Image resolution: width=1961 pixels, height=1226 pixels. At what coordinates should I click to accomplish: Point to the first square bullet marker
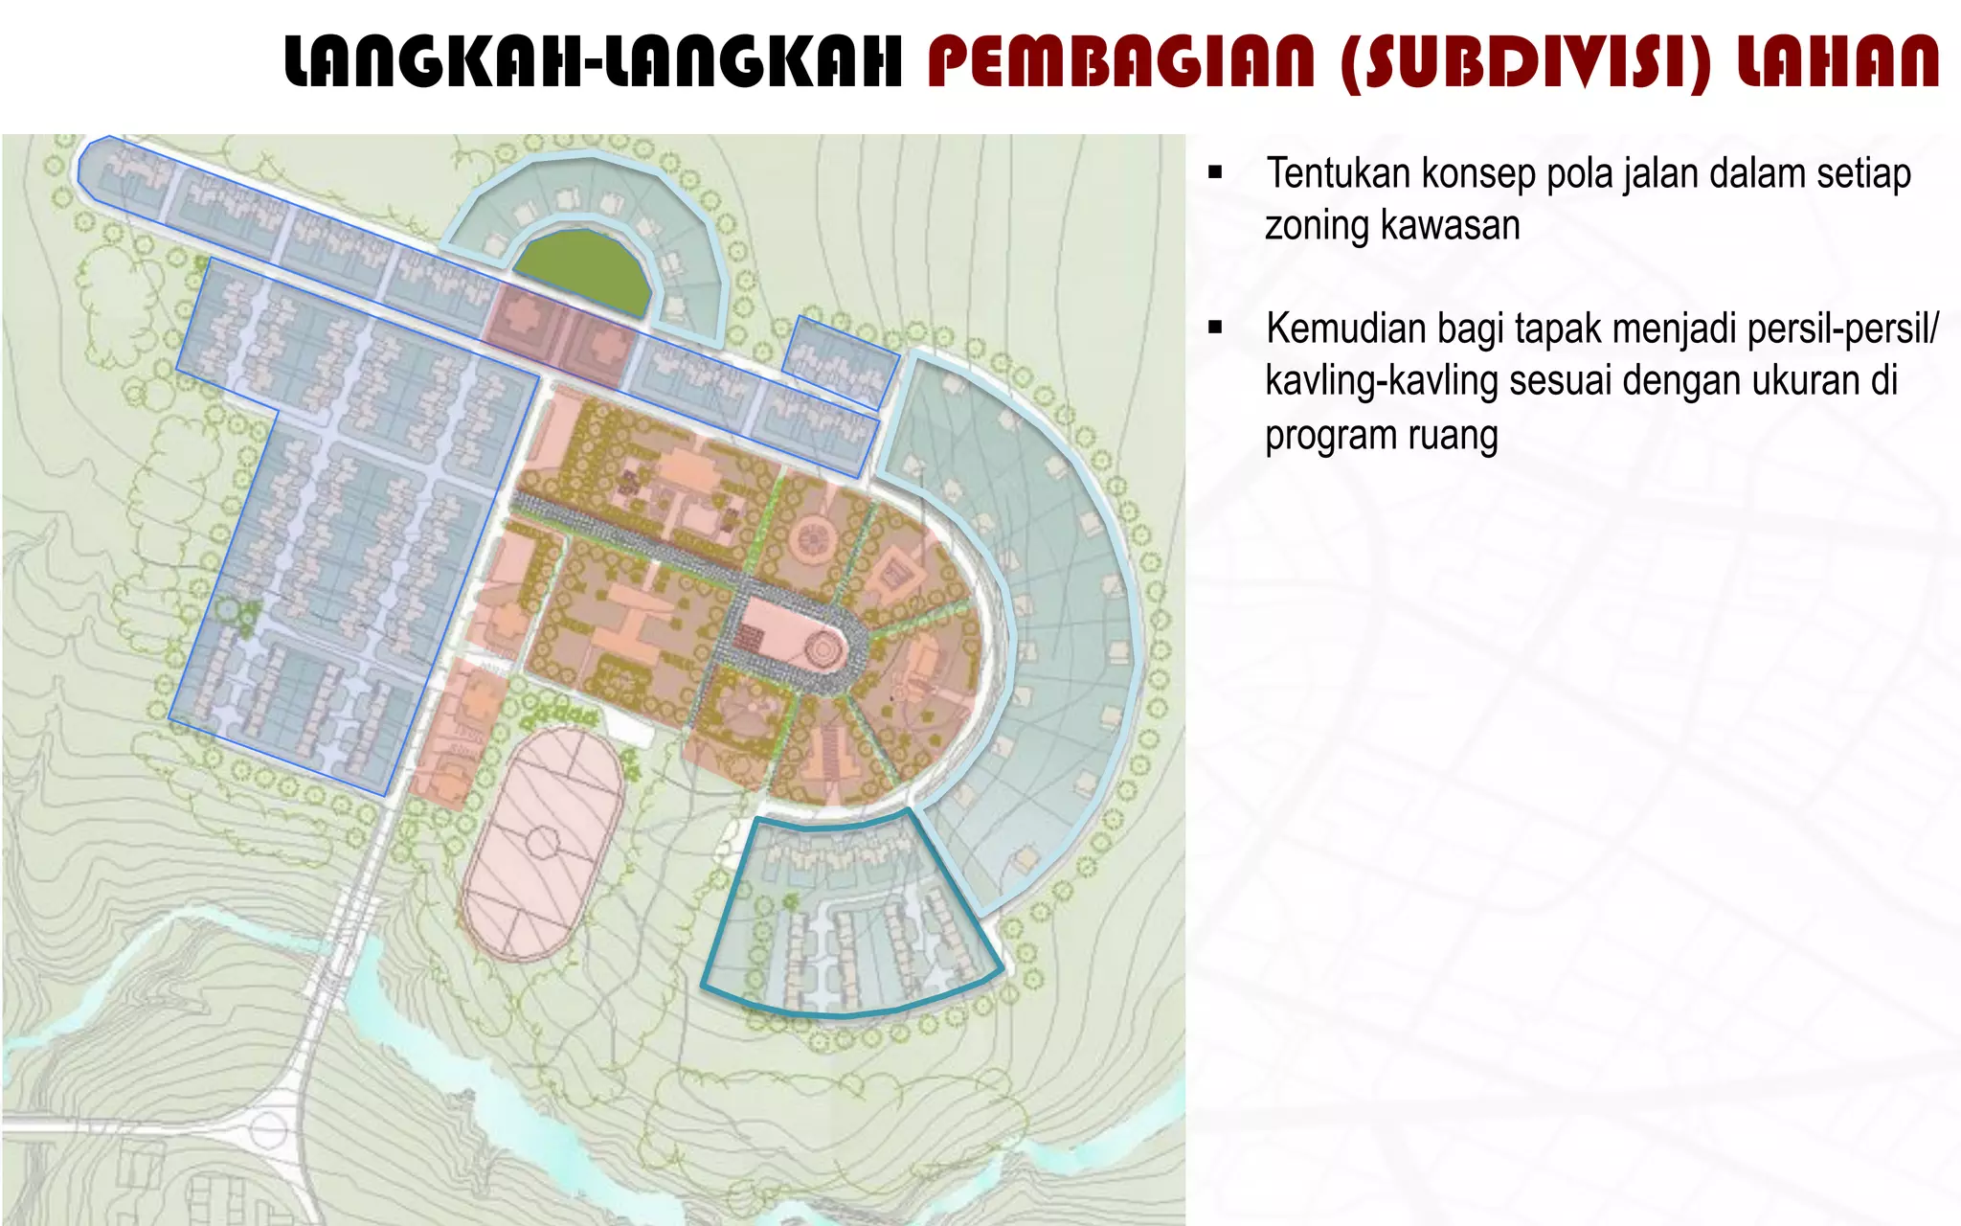[1216, 173]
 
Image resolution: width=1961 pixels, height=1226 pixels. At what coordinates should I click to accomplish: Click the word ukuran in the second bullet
[1805, 381]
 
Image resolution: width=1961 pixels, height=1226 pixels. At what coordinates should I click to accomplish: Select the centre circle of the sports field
[541, 844]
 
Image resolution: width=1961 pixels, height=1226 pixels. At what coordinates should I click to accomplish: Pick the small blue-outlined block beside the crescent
[841, 360]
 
